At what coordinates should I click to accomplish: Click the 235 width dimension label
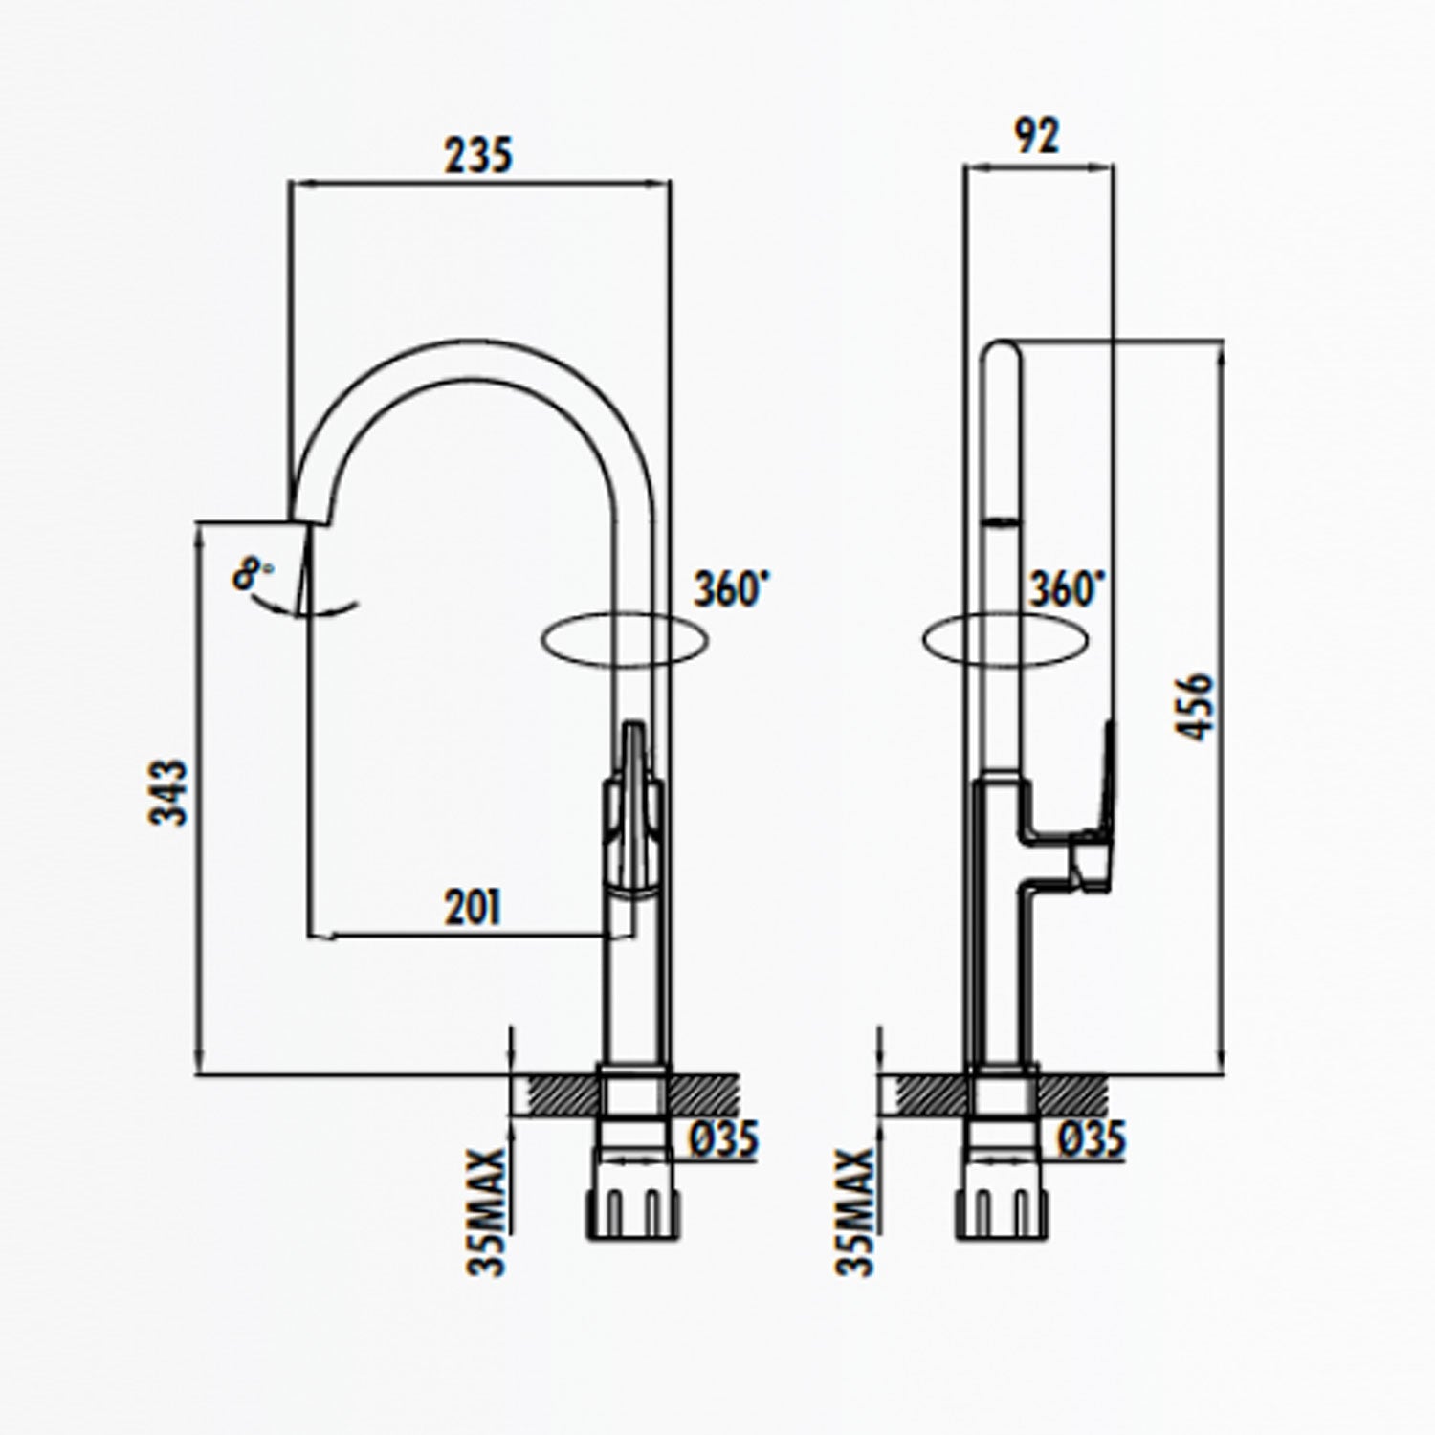478,155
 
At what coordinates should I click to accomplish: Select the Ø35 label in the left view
724,1139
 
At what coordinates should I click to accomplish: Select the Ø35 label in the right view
1093,1139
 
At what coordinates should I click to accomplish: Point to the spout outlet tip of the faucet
310,517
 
